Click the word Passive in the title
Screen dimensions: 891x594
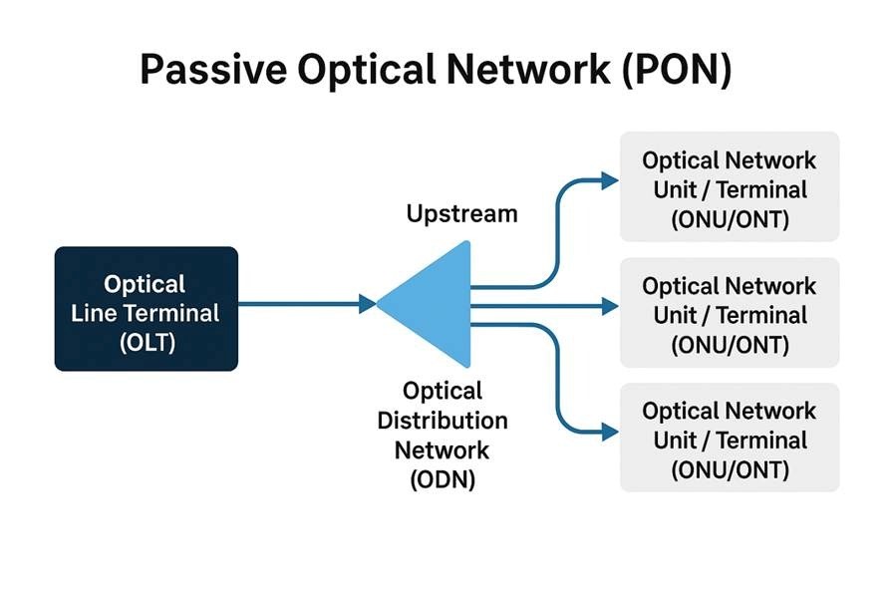pos(213,70)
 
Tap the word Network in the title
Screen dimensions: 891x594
pos(528,70)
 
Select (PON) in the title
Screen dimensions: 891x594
pos(677,71)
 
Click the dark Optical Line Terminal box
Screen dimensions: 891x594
pos(147,309)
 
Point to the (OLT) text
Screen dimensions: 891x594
pos(148,342)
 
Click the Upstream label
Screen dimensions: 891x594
pos(462,214)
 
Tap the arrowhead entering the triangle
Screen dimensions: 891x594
pos(367,304)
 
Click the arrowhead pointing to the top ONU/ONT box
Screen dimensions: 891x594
pos(610,180)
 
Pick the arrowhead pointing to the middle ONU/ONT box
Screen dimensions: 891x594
pos(610,306)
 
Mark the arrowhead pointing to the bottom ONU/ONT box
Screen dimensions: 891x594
pos(610,432)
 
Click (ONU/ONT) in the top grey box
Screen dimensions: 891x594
pos(731,219)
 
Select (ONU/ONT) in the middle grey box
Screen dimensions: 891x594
pos(731,345)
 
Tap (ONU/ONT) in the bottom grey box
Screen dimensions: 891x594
pos(731,469)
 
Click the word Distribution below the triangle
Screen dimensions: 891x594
pos(443,421)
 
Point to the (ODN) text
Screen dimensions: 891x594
pos(443,479)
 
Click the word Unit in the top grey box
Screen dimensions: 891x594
pos(675,189)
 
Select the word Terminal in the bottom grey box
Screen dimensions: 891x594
pos(761,440)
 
